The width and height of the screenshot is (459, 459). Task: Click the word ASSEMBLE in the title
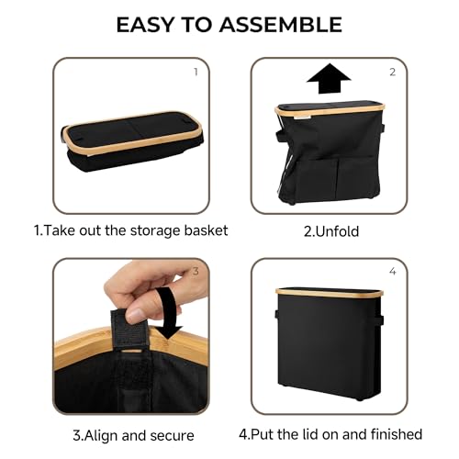(x=281, y=25)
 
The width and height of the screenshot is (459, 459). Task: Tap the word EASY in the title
(x=145, y=25)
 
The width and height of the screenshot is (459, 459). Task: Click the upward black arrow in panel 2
(x=329, y=78)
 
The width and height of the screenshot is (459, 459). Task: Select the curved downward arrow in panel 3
(x=168, y=312)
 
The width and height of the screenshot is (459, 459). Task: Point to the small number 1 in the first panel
(x=196, y=72)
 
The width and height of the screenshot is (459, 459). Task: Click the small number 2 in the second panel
(x=393, y=72)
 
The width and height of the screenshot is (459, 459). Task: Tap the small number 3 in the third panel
(x=196, y=271)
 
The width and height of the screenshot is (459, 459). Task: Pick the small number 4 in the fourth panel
(x=393, y=271)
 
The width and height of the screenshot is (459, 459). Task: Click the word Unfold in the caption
(x=337, y=231)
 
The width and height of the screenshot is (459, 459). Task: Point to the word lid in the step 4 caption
(x=297, y=434)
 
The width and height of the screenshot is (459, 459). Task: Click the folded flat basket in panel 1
(x=132, y=142)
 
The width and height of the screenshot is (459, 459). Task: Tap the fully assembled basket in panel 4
(x=330, y=343)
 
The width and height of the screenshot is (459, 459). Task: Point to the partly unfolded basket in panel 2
(x=329, y=153)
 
